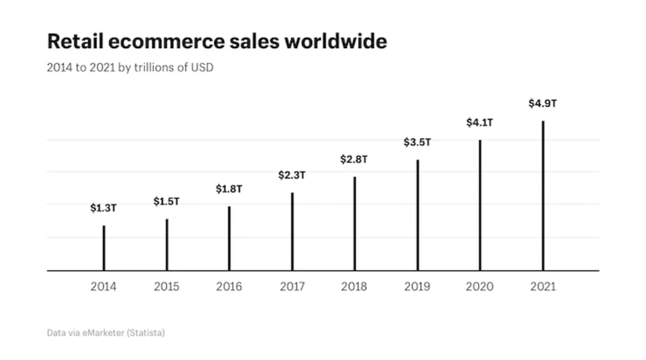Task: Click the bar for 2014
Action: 104,248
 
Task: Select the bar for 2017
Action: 292,232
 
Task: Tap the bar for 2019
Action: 417,215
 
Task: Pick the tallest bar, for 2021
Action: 543,196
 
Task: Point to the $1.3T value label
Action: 104,208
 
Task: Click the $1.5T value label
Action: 166,201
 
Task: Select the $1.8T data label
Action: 229,189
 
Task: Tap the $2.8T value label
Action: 354,159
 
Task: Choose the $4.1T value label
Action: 480,123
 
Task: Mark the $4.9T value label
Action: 542,104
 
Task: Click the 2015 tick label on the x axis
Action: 166,286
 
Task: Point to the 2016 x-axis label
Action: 229,286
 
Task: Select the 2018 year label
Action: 354,286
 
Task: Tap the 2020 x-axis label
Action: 480,286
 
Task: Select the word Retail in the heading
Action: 73,42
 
